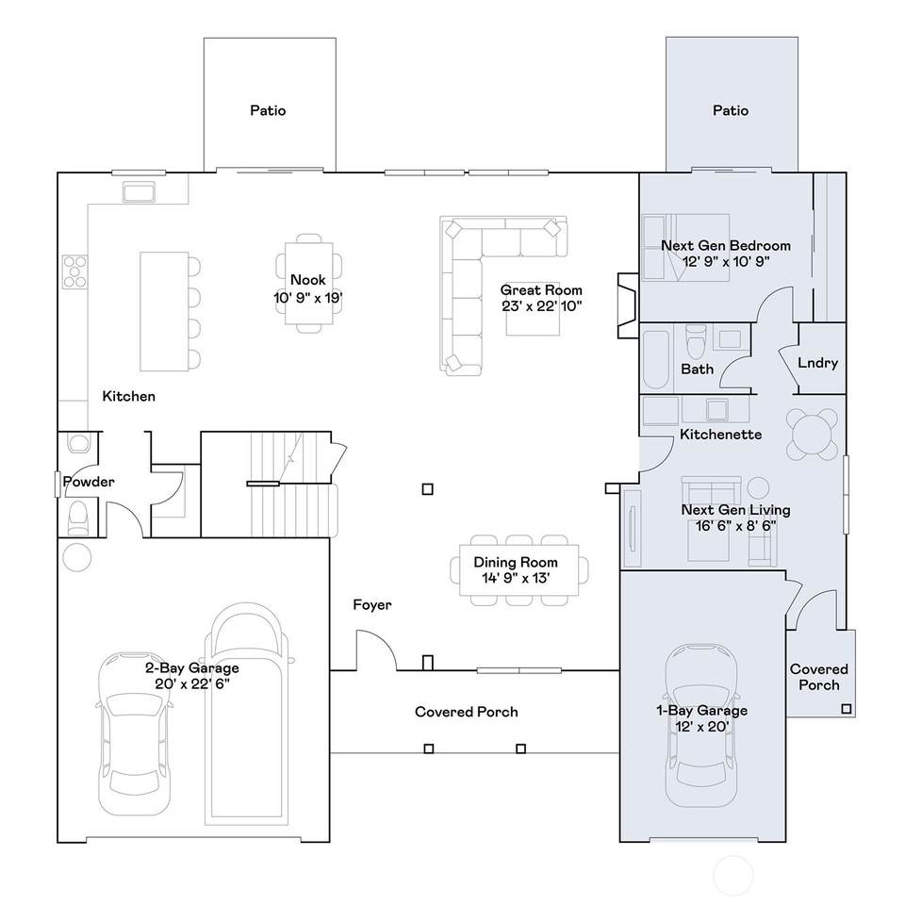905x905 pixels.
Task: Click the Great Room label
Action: (541, 289)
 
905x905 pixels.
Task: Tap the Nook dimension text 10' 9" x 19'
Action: (307, 298)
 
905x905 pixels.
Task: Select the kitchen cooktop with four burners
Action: (75, 271)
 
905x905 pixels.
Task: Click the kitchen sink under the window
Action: (139, 191)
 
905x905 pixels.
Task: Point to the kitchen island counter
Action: (164, 311)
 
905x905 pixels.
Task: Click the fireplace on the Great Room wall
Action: (628, 305)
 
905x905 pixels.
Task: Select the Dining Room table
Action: (518, 570)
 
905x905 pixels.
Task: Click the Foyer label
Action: (372, 605)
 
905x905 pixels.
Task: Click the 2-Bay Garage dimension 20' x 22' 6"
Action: (192, 684)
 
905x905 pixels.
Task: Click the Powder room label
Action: (89, 482)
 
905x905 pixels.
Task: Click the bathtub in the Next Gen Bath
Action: (656, 359)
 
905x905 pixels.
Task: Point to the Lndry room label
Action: (817, 362)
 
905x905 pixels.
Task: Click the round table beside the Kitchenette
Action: (812, 434)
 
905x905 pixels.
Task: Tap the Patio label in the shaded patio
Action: (730, 110)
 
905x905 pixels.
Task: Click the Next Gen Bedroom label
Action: (726, 245)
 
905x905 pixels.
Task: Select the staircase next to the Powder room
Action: (294, 485)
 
